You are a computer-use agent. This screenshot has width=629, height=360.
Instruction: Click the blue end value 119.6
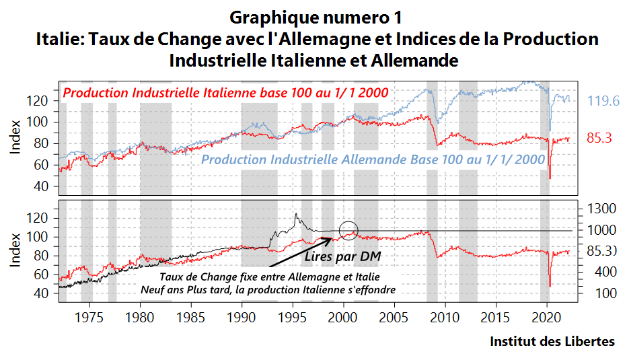[x=603, y=101]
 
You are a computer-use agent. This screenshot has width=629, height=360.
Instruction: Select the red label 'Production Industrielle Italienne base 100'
[x=225, y=93]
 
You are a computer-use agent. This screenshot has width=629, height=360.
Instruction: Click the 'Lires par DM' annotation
[x=334, y=256]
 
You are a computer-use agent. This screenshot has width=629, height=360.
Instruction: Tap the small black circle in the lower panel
[x=349, y=230]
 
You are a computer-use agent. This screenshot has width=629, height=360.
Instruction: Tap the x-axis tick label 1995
[x=293, y=318]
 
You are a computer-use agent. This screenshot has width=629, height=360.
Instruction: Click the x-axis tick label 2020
[x=547, y=318]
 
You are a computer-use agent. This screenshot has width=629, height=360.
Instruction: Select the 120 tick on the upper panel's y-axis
[x=38, y=101]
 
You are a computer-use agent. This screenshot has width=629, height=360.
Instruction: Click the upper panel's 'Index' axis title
[x=14, y=137]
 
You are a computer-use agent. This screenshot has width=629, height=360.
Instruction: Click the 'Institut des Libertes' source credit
[x=552, y=341]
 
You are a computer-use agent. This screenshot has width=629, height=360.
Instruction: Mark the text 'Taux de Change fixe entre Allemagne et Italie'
[x=269, y=277]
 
